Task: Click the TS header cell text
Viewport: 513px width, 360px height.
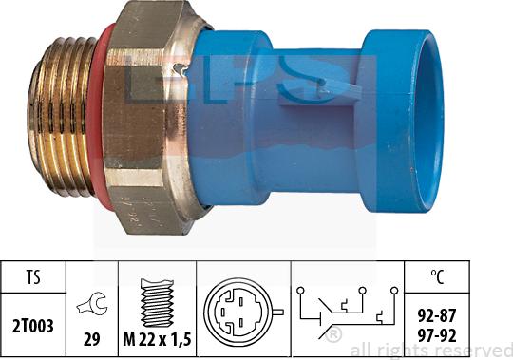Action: pyautogui.click(x=33, y=277)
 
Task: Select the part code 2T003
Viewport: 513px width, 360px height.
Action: pyautogui.click(x=32, y=326)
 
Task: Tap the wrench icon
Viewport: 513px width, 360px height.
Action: pyautogui.click(x=92, y=304)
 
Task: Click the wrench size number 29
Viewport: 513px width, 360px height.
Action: pyautogui.click(x=91, y=339)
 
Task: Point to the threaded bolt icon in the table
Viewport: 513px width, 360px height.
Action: pyautogui.click(x=157, y=302)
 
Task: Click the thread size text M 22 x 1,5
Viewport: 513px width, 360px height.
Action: pyautogui.click(x=157, y=339)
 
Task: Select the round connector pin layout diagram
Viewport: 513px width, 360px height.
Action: pyautogui.click(x=240, y=312)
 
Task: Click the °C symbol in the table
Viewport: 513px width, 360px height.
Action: pyautogui.click(x=437, y=276)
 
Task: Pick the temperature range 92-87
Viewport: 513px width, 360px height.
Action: pyautogui.click(x=437, y=315)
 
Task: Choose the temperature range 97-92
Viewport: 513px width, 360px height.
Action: pyautogui.click(x=437, y=336)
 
